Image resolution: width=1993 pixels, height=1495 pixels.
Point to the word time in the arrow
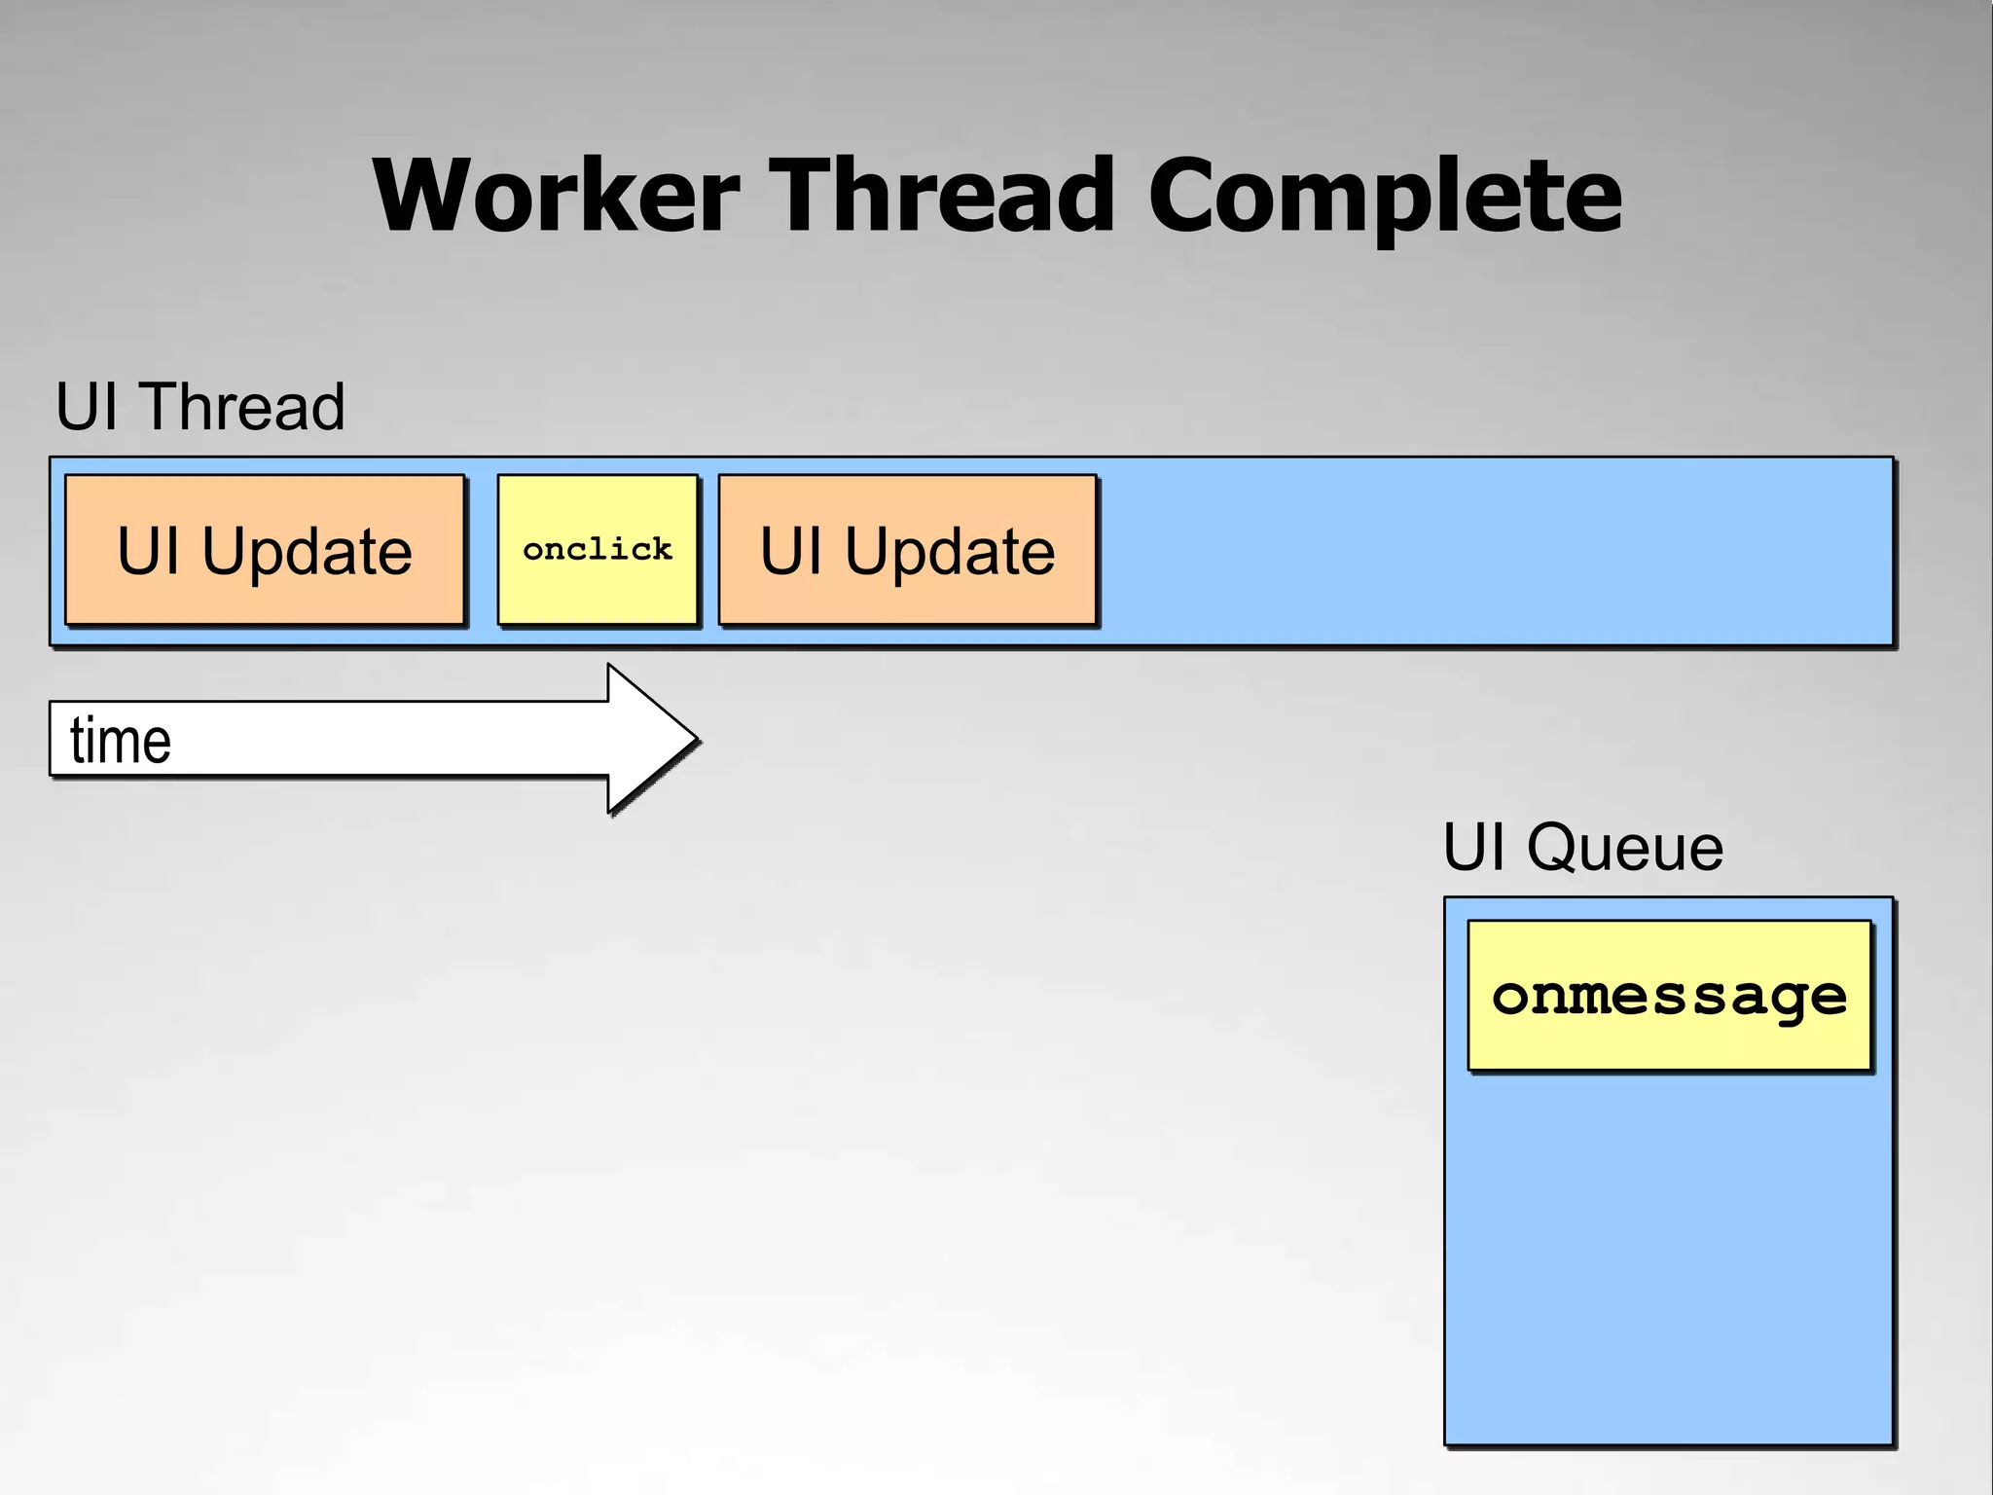[121, 741]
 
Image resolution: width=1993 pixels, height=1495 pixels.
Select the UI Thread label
[200, 406]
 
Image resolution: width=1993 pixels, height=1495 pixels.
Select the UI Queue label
[1582, 847]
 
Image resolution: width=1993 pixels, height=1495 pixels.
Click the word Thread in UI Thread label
[241, 406]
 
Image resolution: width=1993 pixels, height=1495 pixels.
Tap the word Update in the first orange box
[307, 553]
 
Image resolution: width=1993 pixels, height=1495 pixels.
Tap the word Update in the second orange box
[949, 553]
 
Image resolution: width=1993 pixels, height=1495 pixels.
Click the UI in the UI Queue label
[1472, 847]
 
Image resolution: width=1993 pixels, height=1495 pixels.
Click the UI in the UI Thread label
[87, 406]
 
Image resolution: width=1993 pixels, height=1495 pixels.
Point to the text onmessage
[1669, 997]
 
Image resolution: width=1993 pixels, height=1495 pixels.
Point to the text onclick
[598, 550]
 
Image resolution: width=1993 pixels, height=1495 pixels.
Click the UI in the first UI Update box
[148, 551]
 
